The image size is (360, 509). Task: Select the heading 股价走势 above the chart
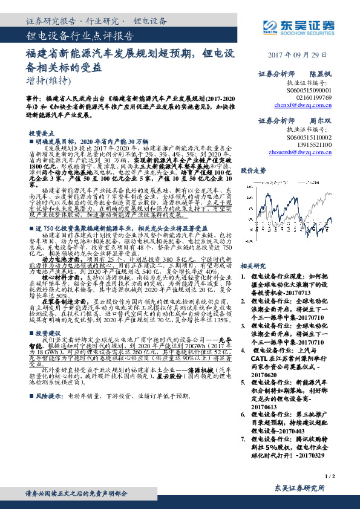pyautogui.click(x=253, y=170)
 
